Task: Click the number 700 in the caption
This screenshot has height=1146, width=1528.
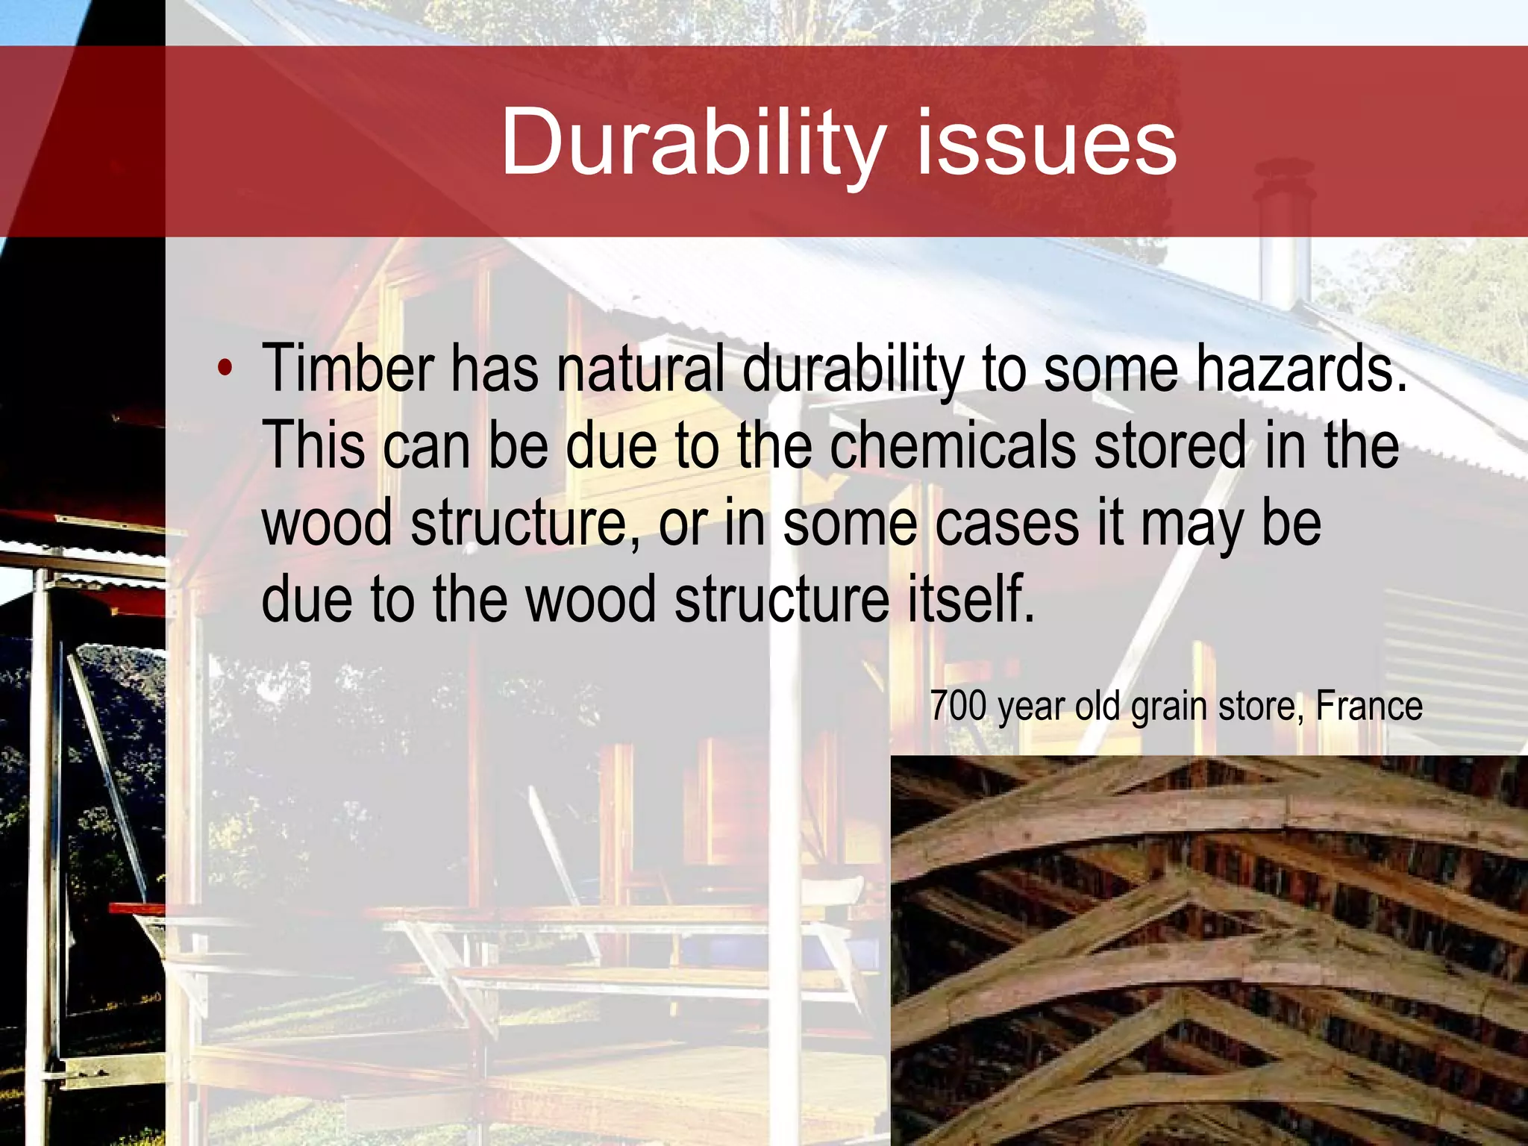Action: pyautogui.click(x=958, y=706)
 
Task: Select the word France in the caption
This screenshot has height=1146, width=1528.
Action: pyautogui.click(x=1368, y=706)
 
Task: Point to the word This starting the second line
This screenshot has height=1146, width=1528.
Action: pyautogui.click(x=313, y=445)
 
